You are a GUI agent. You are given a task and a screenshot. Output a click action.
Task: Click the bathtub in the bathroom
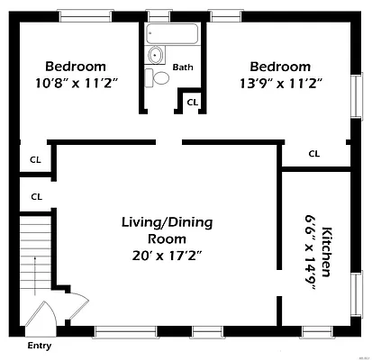click(172, 33)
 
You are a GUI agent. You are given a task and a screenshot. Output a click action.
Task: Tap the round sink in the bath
click(155, 55)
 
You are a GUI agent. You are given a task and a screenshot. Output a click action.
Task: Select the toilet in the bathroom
click(157, 77)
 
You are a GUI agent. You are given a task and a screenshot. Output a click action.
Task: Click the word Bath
click(183, 67)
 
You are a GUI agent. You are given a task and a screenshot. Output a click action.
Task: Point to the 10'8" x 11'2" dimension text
click(76, 83)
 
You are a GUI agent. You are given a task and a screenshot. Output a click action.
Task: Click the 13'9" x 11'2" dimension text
click(281, 84)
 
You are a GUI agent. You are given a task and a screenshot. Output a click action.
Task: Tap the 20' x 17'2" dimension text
click(167, 256)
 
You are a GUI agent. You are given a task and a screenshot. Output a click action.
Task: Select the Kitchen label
click(326, 252)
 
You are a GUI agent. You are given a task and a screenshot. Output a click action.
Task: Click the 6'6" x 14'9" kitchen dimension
click(310, 252)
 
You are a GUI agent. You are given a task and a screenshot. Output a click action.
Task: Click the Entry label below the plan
click(40, 346)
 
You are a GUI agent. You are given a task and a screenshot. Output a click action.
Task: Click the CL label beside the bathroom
click(193, 103)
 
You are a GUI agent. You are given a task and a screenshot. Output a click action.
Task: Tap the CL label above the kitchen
click(314, 154)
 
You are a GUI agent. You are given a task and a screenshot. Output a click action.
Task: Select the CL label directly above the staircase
click(37, 197)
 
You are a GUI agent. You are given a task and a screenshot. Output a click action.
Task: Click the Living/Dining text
click(167, 222)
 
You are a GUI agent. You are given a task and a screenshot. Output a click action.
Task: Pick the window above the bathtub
click(159, 16)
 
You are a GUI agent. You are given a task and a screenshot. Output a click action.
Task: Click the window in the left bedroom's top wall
click(86, 16)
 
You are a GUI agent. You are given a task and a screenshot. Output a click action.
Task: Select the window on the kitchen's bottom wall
click(317, 331)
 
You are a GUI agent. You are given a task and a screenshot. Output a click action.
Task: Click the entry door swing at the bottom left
click(41, 315)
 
